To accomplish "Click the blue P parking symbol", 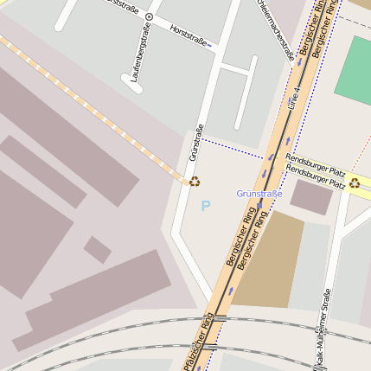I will click(205, 206).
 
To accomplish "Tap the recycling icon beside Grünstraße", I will click(195, 182).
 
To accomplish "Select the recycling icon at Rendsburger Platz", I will click(355, 182).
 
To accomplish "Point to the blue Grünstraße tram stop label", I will click(259, 194).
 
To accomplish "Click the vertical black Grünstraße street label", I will click(196, 144).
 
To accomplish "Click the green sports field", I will click(353, 70).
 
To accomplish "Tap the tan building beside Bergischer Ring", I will click(268, 259).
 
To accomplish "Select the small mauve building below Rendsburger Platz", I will click(311, 196).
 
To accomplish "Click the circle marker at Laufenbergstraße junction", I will click(150, 16).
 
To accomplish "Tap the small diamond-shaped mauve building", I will click(98, 250).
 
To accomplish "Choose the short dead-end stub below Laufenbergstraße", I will click(134, 84).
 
